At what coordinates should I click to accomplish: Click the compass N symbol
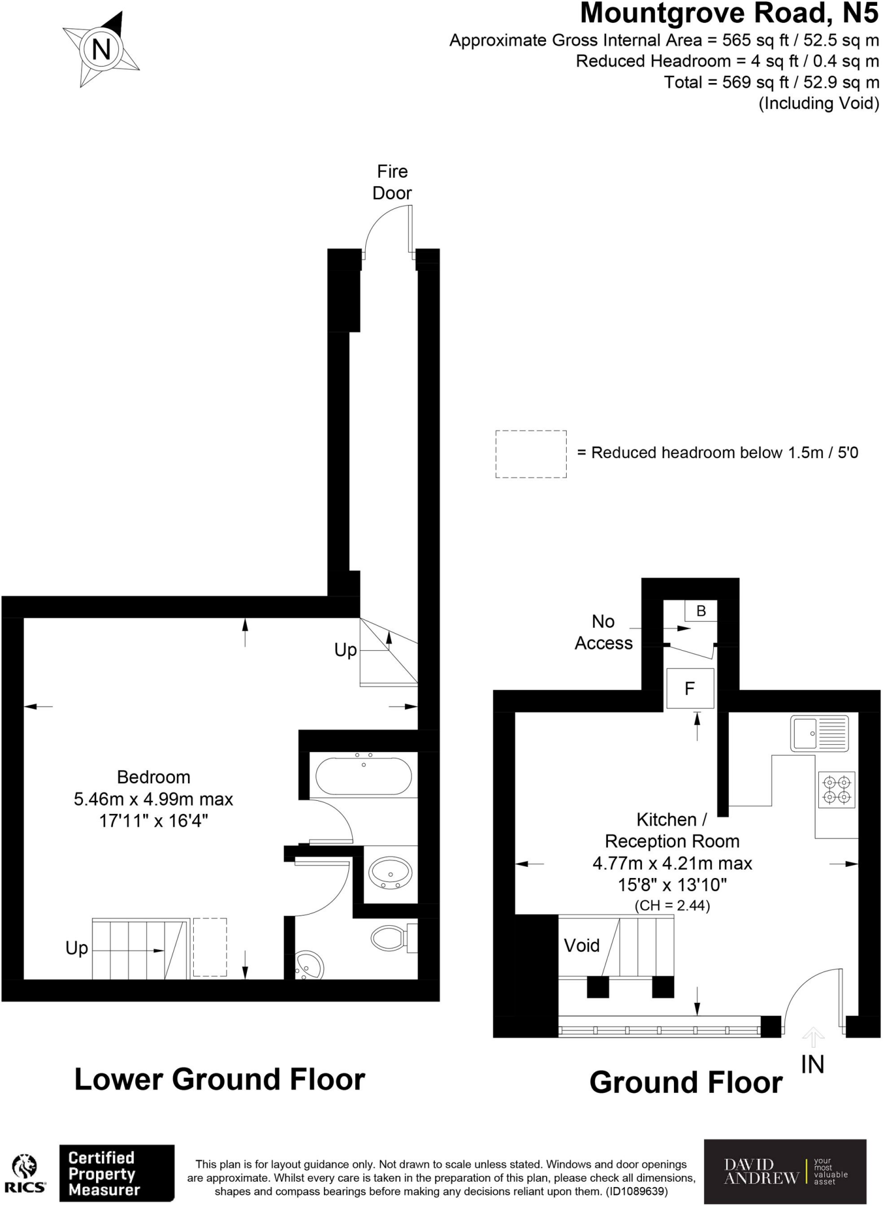pos(101,49)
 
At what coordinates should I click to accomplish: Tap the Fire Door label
pos(392,182)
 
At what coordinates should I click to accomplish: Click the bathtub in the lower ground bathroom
pos(363,776)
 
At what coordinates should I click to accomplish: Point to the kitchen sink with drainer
pos(819,734)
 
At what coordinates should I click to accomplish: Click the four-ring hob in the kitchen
pos(836,790)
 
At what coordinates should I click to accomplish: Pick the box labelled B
pos(700,611)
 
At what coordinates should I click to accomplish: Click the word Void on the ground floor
pos(581,945)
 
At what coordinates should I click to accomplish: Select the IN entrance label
pos(812,1064)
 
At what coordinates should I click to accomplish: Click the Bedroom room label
pos(153,777)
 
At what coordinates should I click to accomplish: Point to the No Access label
pos(603,632)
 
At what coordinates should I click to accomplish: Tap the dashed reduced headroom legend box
pos(530,453)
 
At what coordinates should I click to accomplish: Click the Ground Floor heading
pos(686,1082)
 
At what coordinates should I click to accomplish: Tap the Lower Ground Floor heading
pos(220,1079)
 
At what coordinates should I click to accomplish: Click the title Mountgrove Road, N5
pos(729,14)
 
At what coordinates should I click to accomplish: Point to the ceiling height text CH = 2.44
pos(672,905)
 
